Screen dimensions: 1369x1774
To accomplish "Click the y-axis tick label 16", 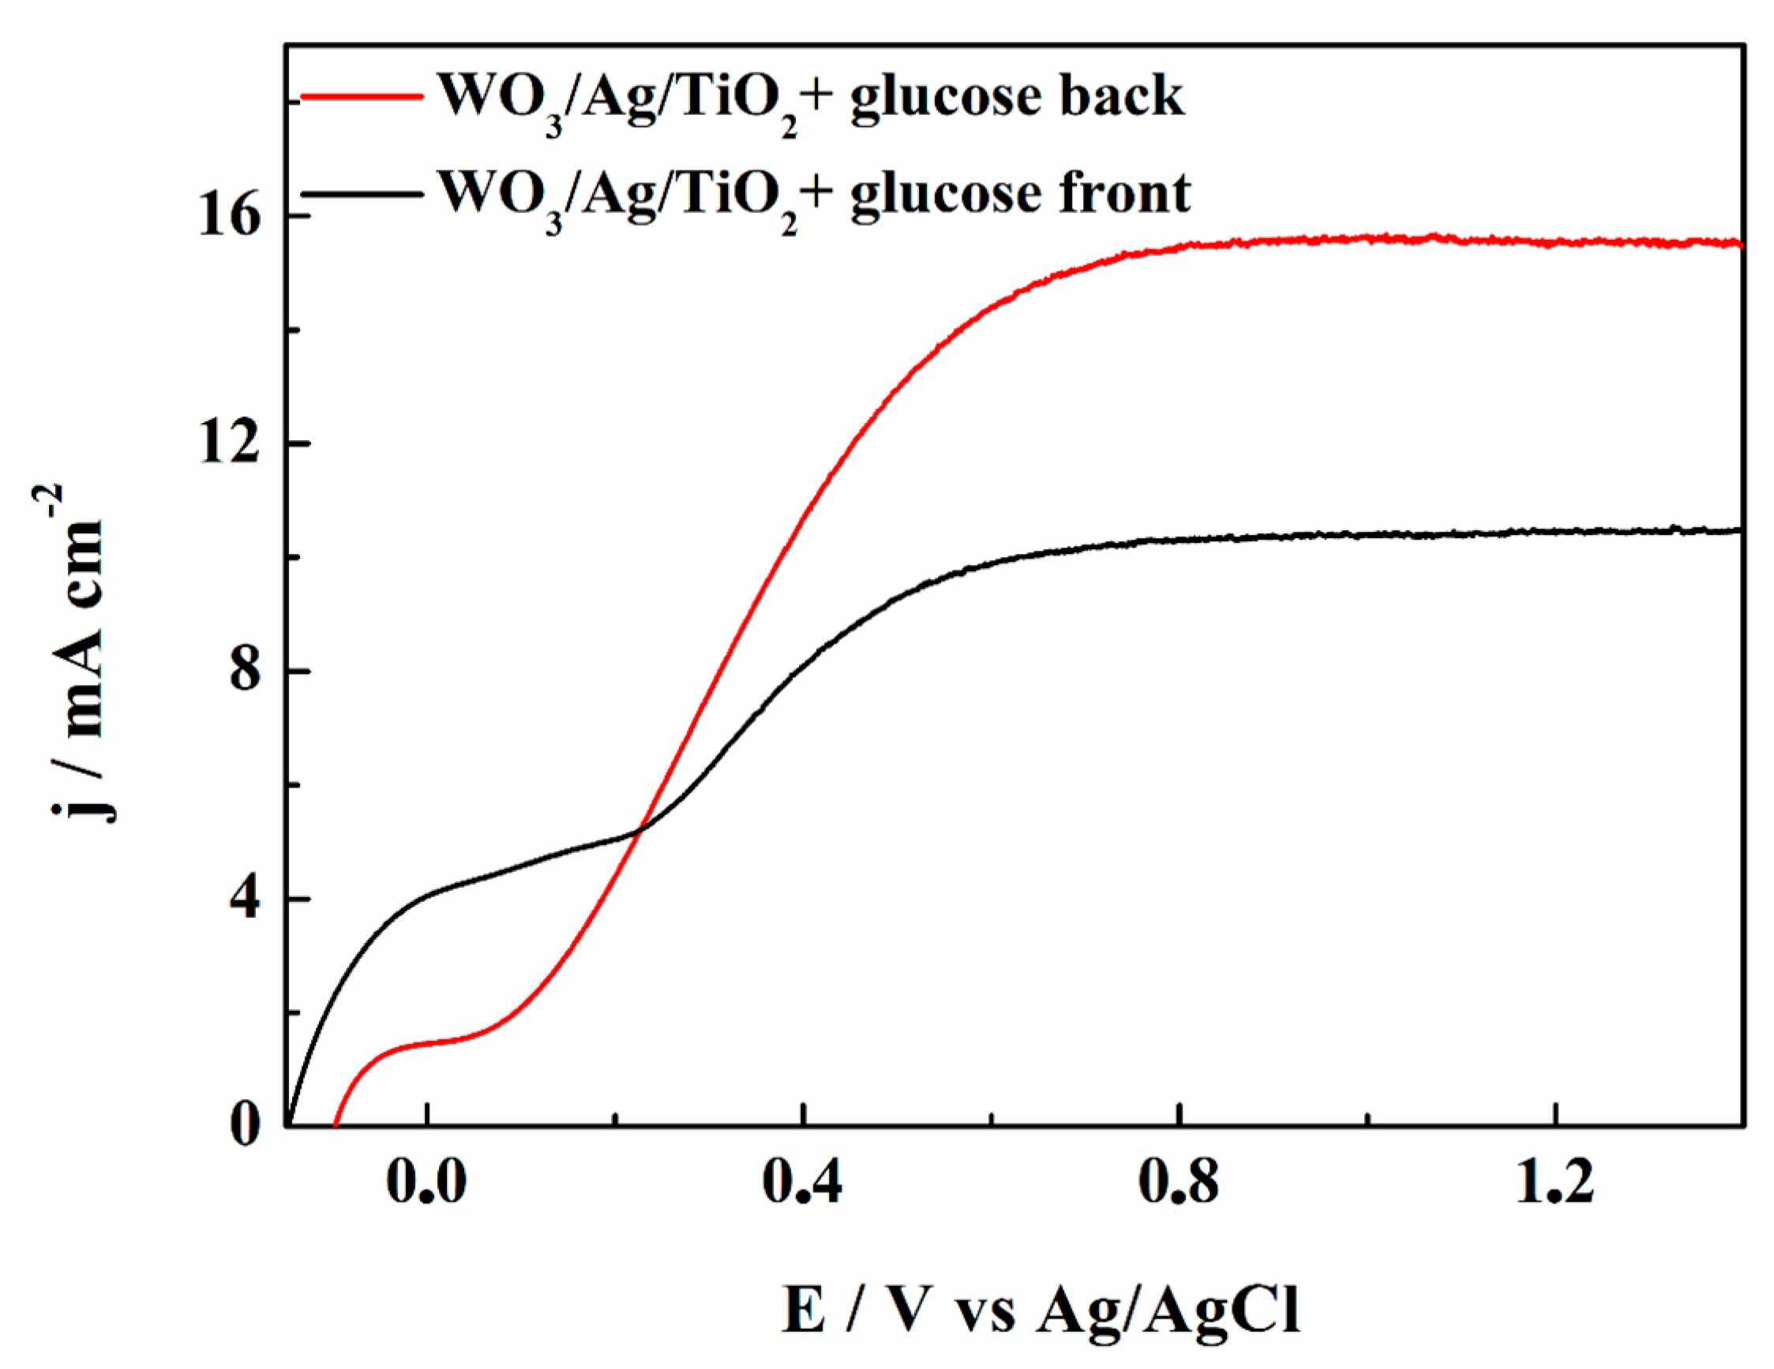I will [229, 218].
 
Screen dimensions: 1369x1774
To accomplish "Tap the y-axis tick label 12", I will [229, 444].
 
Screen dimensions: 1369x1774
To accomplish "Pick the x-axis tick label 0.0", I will [426, 1183].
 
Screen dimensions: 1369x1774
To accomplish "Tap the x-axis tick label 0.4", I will [802, 1183].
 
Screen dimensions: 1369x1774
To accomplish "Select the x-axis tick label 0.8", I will [1179, 1183].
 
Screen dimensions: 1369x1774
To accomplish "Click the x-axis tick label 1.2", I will [1554, 1183].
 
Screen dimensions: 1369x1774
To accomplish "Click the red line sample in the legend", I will [362, 96].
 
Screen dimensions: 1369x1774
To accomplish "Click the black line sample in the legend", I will [362, 194].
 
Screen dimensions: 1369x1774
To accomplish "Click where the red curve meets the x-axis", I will [336, 1125].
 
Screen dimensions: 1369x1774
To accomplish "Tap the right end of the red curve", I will [1741, 244].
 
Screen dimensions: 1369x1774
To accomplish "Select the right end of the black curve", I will [1741, 530].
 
